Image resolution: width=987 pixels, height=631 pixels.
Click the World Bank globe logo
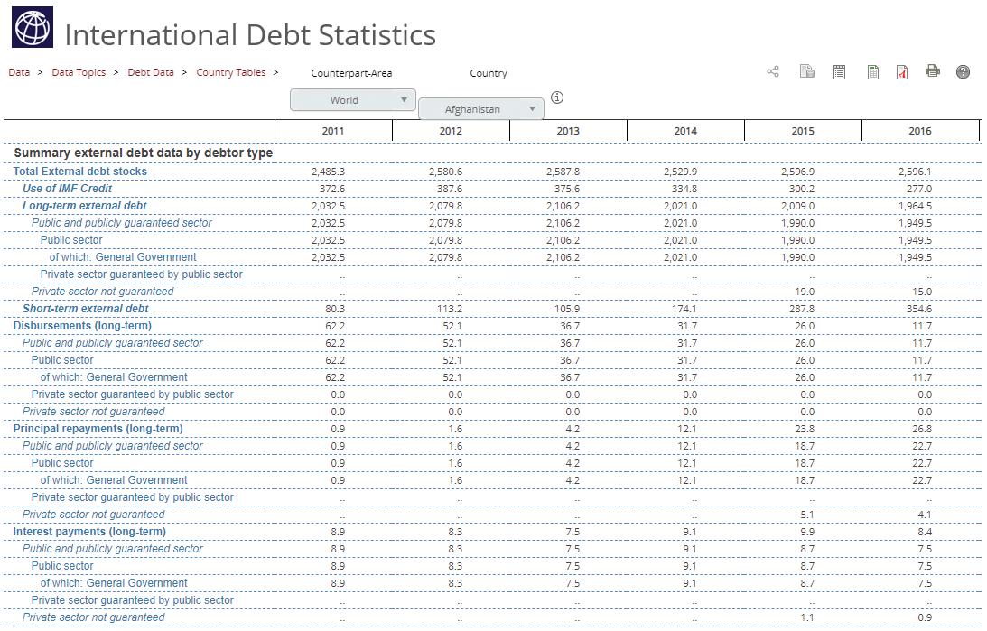coord(33,27)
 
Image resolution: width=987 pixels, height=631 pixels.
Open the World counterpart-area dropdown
coord(352,100)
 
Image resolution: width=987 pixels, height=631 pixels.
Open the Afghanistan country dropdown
coord(480,109)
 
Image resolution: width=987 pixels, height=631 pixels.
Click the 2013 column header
coord(567,131)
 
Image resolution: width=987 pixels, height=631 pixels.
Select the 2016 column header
coord(919,131)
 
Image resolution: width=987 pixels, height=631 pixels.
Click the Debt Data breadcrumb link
coord(151,72)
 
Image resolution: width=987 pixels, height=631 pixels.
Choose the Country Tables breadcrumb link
coord(231,72)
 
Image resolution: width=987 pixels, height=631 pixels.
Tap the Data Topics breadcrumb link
coord(79,72)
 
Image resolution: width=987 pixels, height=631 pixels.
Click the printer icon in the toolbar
coord(933,71)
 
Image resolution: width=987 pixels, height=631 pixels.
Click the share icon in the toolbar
coord(773,71)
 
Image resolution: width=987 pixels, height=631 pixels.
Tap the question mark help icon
coord(963,72)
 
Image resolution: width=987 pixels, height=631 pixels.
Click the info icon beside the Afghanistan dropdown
coord(557,97)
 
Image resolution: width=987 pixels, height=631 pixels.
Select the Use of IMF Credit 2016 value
coord(919,189)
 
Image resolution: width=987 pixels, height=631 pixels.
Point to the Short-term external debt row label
coord(85,309)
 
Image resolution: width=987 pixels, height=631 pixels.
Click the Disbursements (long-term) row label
coord(82,326)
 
